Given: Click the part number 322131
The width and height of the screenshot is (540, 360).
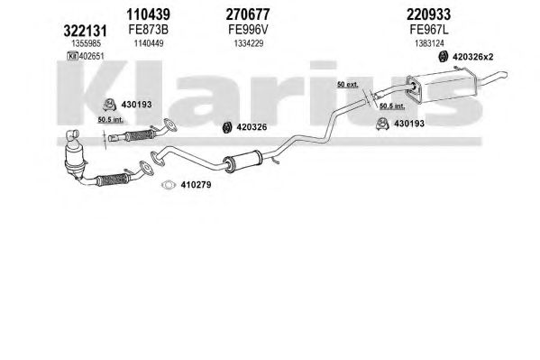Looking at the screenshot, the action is tap(85, 31).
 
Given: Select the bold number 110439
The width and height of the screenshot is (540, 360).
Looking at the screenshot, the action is tap(148, 14).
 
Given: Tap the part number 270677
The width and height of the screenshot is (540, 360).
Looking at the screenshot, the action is tap(248, 14).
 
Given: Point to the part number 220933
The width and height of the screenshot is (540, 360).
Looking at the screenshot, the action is tap(428, 14).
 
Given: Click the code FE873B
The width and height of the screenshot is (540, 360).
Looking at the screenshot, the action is tap(149, 30).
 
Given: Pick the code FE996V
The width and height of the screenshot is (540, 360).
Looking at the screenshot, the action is tap(248, 30).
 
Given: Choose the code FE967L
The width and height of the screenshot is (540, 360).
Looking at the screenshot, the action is tap(429, 30).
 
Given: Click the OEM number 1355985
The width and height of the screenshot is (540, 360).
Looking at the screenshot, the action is tap(87, 43).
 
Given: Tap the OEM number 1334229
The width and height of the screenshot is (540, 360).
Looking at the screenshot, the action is tap(249, 43).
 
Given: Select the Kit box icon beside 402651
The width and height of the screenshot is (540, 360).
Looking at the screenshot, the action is tap(73, 56).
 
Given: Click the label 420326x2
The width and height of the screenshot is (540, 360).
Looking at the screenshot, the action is tap(472, 57).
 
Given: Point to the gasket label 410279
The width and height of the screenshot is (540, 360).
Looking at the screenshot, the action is tap(196, 185).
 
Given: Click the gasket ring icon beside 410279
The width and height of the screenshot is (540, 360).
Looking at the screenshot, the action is tap(169, 185).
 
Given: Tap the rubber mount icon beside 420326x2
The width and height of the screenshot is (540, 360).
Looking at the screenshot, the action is tap(443, 56).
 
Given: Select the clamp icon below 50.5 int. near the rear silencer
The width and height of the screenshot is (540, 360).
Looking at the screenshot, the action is tap(382, 124).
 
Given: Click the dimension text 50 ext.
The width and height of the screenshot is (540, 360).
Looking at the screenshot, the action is tap(347, 85).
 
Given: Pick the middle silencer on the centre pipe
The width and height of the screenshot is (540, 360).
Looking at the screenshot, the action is tap(243, 161).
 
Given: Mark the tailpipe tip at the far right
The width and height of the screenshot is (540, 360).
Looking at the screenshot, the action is tap(504, 73).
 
